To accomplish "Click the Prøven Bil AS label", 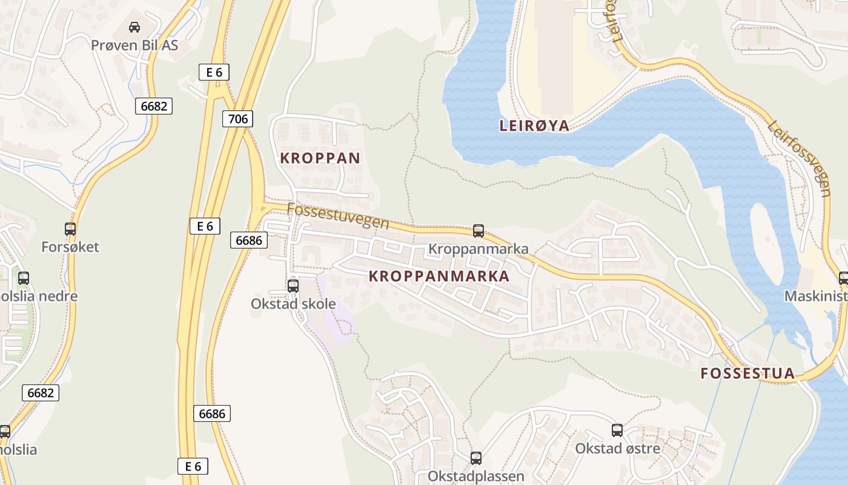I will (x=134, y=45).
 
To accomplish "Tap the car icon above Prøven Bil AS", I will (x=134, y=27).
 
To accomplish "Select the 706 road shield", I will (x=237, y=119).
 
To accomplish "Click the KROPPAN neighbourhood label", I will (x=320, y=158).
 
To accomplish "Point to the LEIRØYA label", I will (x=534, y=125).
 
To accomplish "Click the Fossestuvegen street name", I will (x=337, y=215).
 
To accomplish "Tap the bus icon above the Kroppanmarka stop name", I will (x=479, y=230).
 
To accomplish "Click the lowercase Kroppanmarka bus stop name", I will (x=478, y=249).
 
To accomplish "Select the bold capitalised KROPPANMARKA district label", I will (x=439, y=276).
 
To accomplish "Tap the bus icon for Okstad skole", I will (x=293, y=286).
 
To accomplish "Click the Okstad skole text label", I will (x=293, y=304).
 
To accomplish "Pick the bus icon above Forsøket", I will (x=70, y=229).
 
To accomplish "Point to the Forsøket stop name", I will (x=70, y=247).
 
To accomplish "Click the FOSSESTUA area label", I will (x=747, y=373).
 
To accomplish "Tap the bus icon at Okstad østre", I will (x=617, y=430).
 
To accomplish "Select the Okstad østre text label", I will (x=617, y=449).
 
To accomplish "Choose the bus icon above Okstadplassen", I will (x=476, y=458).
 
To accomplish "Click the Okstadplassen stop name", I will (x=476, y=476).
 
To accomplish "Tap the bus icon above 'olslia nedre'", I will (x=24, y=278).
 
